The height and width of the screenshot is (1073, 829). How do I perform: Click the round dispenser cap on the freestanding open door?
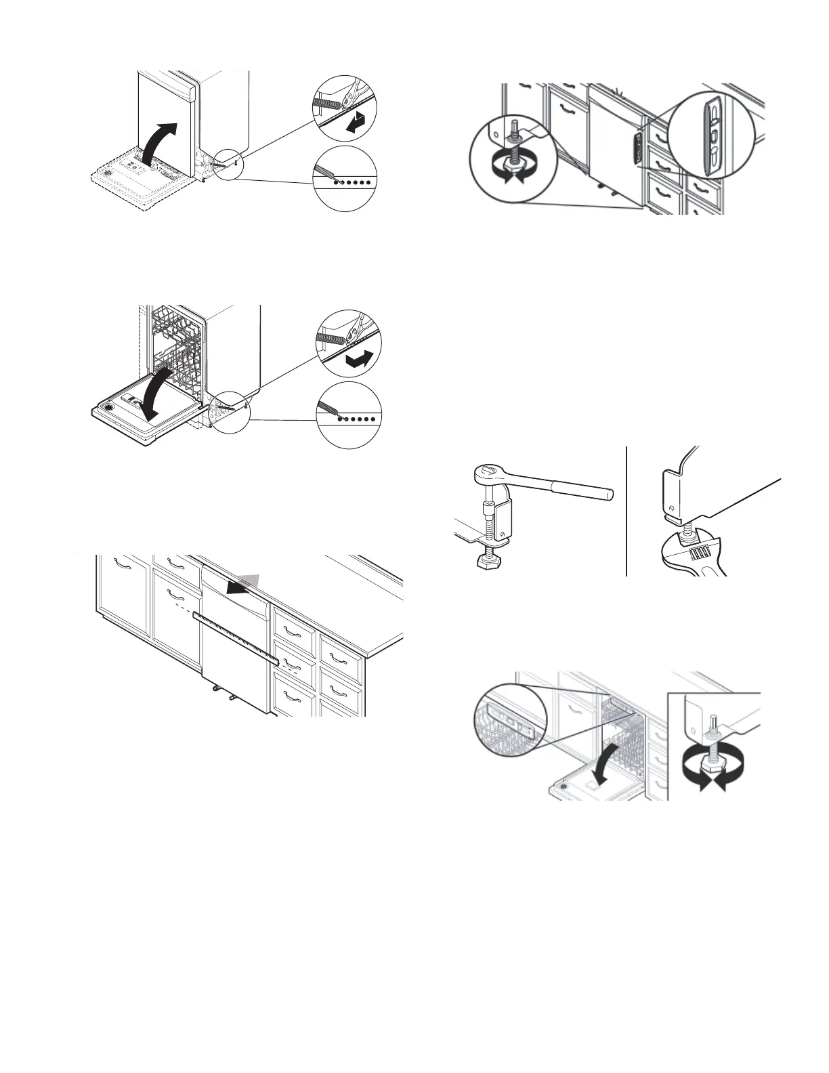pos(107,410)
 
